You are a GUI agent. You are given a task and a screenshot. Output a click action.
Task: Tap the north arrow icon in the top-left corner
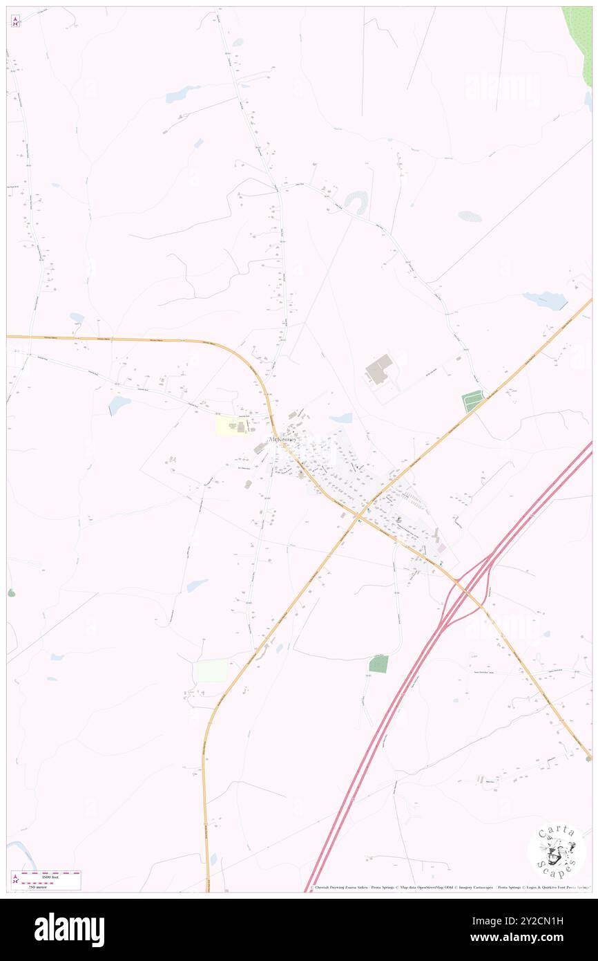click(x=15, y=21)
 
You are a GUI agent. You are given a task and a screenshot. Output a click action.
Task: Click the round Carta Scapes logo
click(x=556, y=850)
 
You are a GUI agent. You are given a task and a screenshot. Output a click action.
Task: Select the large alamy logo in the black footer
click(x=69, y=930)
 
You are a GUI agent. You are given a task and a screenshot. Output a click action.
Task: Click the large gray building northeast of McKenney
click(x=378, y=369)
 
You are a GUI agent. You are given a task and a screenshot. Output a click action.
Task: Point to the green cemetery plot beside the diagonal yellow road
click(x=472, y=401)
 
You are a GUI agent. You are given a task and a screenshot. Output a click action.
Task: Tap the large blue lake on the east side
click(x=546, y=300)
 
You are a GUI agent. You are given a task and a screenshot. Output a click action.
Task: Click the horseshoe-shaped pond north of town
click(x=356, y=201)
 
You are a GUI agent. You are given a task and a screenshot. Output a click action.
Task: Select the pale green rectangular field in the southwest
click(x=212, y=671)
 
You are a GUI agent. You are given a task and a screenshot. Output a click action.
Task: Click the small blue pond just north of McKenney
click(x=341, y=418)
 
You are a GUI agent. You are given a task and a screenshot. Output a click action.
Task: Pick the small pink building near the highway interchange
click(x=441, y=548)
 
